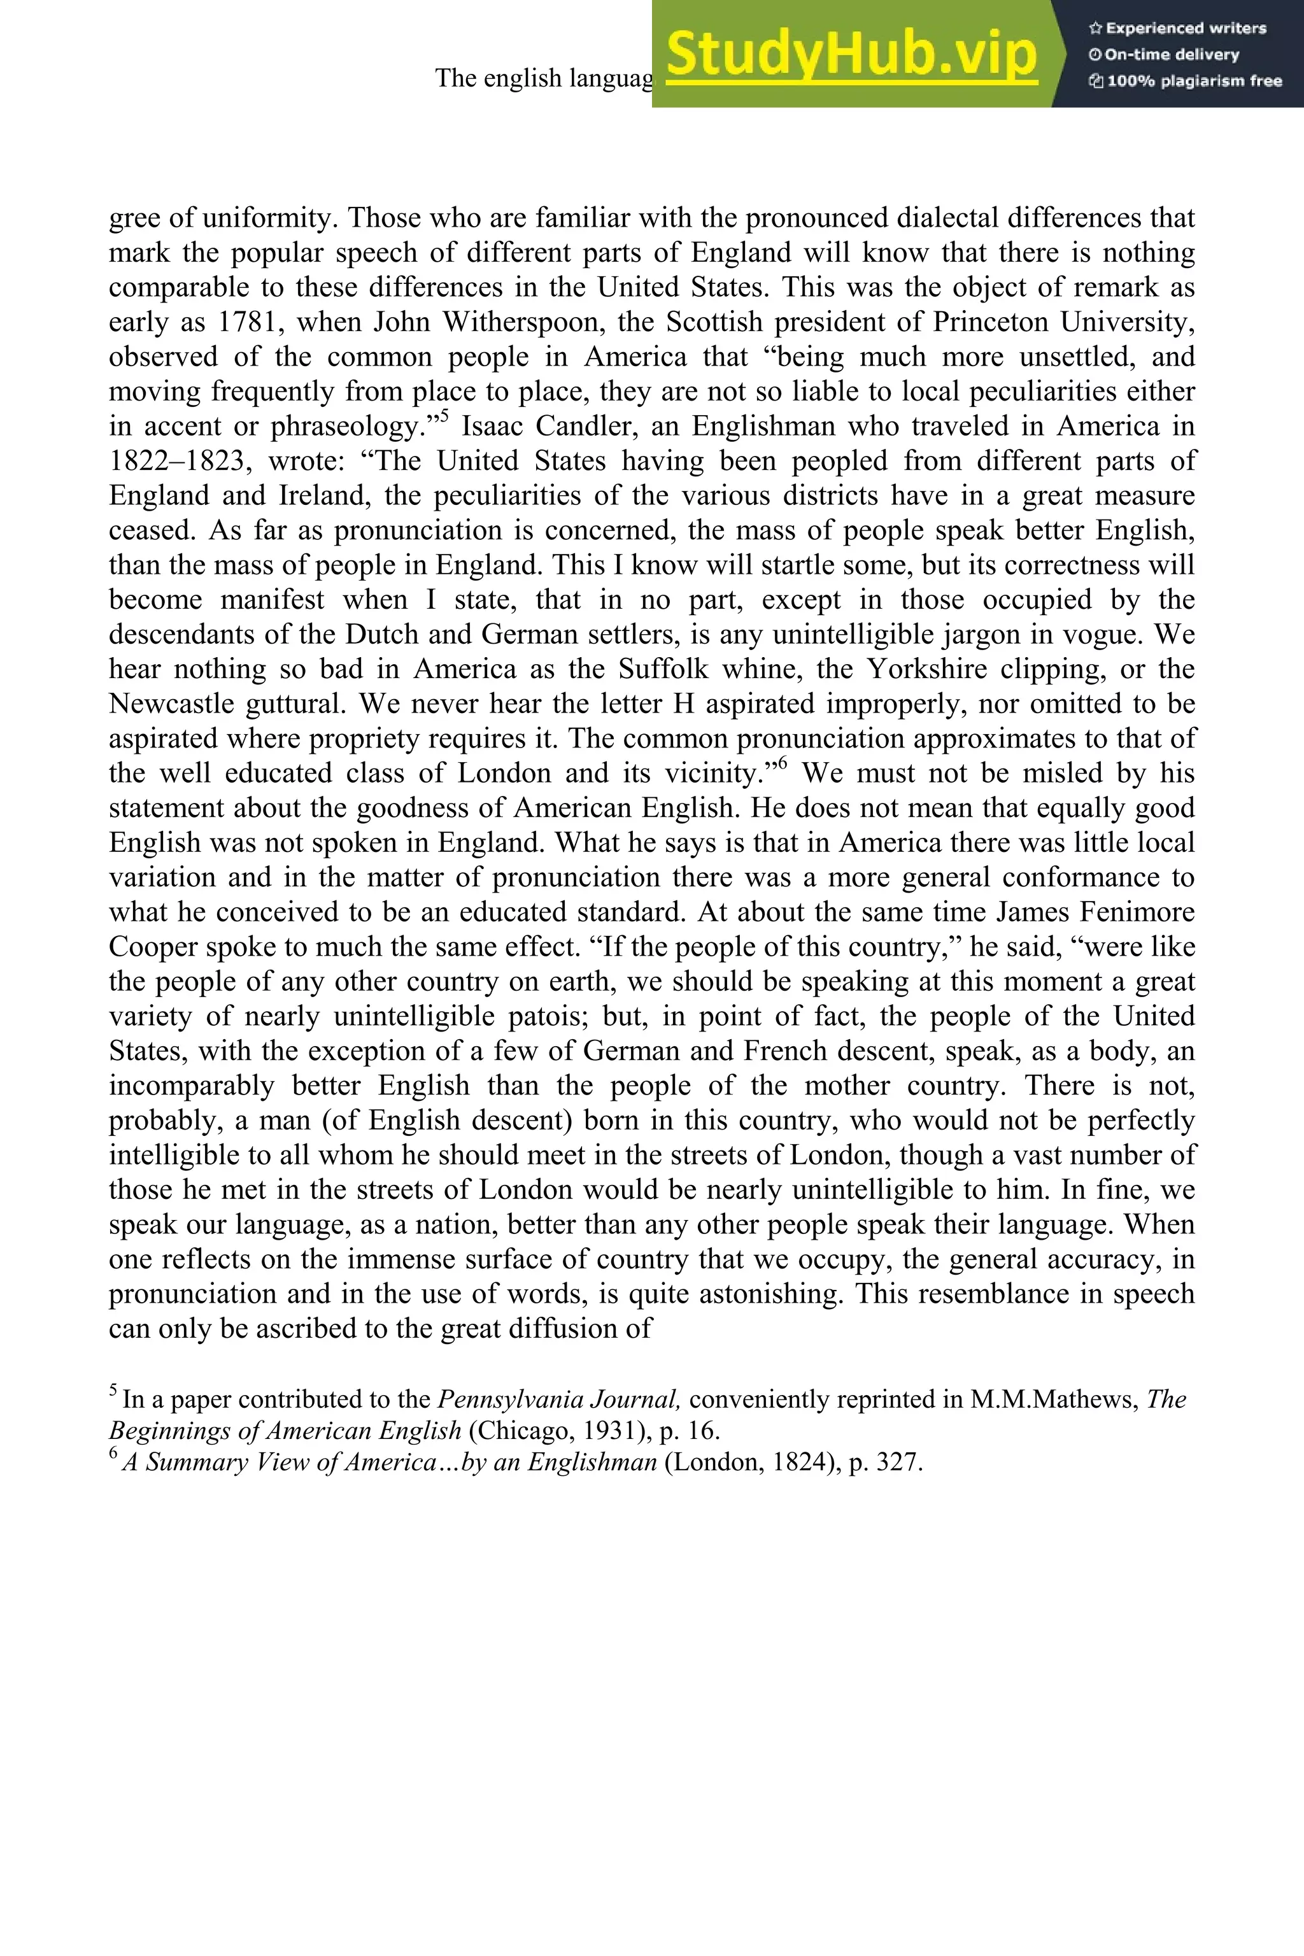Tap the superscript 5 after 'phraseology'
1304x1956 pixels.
click(x=444, y=416)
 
